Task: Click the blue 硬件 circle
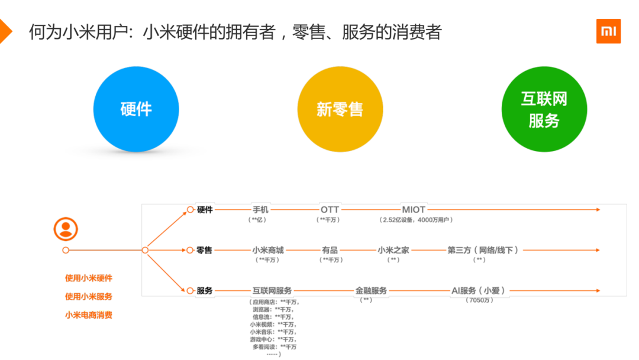136,109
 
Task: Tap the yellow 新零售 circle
340,109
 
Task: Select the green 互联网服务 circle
544,109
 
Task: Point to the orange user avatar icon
66,229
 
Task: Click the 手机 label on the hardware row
260,210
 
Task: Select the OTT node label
330,210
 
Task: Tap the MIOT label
414,210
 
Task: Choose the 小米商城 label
267,250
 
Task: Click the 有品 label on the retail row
330,250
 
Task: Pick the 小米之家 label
393,250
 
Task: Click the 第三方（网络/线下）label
483,250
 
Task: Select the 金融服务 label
371,291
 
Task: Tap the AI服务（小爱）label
479,291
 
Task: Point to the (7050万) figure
479,300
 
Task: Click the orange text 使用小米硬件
89,278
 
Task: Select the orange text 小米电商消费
89,315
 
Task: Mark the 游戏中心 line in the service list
273,339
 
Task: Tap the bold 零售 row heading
205,250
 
